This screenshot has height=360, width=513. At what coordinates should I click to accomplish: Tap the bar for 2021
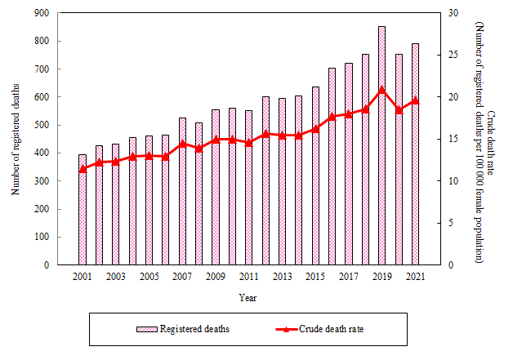point(416,154)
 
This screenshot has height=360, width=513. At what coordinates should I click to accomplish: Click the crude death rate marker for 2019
point(382,90)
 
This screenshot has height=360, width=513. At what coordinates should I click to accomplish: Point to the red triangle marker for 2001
point(83,169)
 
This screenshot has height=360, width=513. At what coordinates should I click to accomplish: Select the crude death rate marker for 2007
point(182,143)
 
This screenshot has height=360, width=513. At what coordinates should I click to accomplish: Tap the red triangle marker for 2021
point(416,100)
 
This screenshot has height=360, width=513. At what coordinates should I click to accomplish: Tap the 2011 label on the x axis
point(249,278)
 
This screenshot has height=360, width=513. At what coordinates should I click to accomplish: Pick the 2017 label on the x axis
point(349,278)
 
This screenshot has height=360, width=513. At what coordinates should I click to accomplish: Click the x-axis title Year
point(248,297)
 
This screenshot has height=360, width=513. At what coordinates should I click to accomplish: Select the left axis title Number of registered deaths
point(16,139)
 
